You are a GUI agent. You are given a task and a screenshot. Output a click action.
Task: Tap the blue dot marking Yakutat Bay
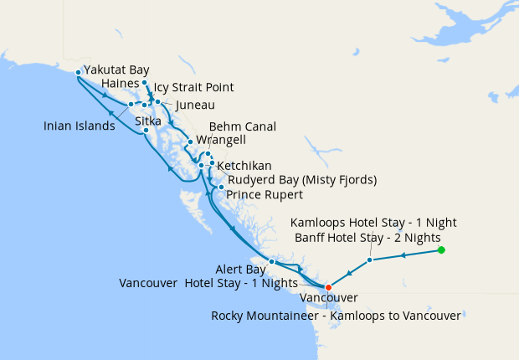78,72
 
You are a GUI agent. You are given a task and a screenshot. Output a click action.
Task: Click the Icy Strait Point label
193,87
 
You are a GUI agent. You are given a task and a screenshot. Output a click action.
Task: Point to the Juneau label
195,105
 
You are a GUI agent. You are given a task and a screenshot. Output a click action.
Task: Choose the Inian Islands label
80,126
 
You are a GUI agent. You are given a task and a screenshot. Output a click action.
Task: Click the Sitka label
148,121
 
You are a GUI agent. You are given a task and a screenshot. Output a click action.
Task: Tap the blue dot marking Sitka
146,131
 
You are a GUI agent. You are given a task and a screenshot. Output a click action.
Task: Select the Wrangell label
220,140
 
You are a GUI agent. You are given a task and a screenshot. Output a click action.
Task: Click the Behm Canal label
242,126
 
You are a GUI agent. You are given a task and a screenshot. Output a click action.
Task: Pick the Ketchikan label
244,167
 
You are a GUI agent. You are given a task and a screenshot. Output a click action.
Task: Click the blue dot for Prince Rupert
220,188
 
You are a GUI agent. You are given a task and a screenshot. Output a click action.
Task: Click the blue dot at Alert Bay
271,262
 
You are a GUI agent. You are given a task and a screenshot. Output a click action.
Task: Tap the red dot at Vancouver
328,287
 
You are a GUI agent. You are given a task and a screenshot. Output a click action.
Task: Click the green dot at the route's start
441,250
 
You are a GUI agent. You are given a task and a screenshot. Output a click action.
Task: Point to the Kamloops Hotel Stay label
373,223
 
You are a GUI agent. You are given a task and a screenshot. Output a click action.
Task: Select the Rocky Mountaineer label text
336,316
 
